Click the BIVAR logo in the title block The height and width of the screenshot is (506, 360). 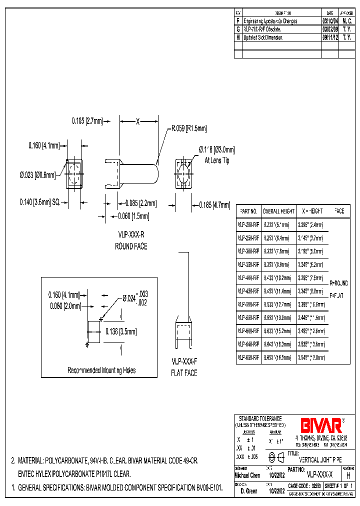click(x=320, y=425)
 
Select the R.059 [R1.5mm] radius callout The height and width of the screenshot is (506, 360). click(x=189, y=128)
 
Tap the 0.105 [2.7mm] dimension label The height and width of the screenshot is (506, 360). click(x=87, y=121)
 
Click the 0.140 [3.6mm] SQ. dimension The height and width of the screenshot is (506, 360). click(x=40, y=201)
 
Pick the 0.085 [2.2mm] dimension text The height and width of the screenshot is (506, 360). click(x=141, y=203)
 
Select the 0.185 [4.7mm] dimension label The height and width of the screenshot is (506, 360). click(x=214, y=205)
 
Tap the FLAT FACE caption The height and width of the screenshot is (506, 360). click(x=184, y=373)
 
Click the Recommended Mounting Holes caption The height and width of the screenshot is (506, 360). click(x=101, y=370)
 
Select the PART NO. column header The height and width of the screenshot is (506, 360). click(x=248, y=211)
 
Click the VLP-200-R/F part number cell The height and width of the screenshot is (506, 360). click(x=248, y=225)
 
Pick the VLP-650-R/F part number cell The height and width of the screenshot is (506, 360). click(x=248, y=357)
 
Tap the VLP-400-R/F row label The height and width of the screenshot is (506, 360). click(x=248, y=278)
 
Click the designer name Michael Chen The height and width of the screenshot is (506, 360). click(x=247, y=475)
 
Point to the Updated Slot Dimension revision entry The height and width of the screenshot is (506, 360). click(x=263, y=37)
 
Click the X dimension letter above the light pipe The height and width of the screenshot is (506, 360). click(x=138, y=121)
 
